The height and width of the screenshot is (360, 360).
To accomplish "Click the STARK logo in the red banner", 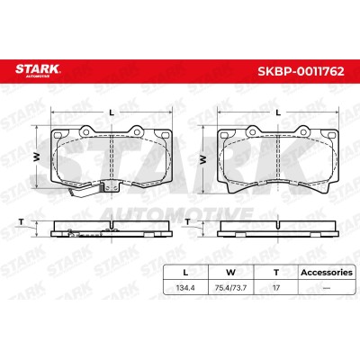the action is click(38, 70).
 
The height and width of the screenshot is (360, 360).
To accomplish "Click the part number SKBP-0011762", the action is click(301, 71).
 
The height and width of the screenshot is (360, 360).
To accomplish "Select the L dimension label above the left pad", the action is click(112, 112).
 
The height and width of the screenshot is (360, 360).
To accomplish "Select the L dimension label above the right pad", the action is click(278, 112).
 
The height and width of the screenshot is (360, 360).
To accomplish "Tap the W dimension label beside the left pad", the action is click(37, 157).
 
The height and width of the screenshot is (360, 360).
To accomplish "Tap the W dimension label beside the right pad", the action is click(203, 159).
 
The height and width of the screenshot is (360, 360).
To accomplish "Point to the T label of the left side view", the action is click(21, 222).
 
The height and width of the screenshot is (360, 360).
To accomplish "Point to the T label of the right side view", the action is click(187, 222).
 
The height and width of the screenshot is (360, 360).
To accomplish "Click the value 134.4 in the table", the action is click(185, 288).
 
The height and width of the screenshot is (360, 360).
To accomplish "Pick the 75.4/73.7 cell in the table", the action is click(231, 288).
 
